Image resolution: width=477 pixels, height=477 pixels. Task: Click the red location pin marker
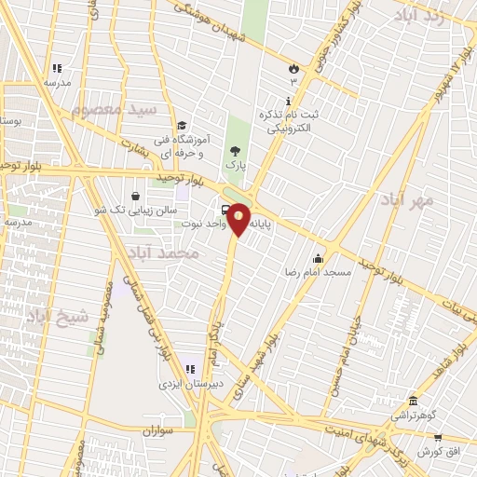239,219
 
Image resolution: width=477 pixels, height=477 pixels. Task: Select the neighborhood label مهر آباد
402,198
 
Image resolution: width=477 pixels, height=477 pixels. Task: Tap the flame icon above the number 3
293,68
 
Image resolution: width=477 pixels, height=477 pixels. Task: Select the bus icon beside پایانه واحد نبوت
225,209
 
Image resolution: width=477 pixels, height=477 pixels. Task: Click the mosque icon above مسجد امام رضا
319,259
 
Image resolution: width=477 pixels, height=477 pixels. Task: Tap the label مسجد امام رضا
318,274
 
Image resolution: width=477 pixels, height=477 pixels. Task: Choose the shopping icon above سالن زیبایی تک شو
137,196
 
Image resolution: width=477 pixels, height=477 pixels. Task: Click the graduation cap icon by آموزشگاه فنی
183,125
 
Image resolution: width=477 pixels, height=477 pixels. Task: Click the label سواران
159,432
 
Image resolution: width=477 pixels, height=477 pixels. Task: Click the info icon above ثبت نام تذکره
289,101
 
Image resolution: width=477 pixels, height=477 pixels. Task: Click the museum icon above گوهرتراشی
414,401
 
